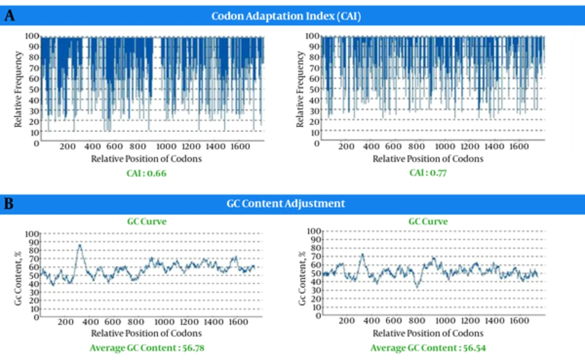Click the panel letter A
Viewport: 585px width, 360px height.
point(9,15)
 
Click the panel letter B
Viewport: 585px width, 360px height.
point(9,203)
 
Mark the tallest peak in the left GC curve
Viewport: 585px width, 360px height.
point(80,245)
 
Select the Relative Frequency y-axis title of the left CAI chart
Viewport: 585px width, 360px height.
point(19,89)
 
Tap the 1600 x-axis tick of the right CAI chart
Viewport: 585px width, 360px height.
point(519,147)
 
